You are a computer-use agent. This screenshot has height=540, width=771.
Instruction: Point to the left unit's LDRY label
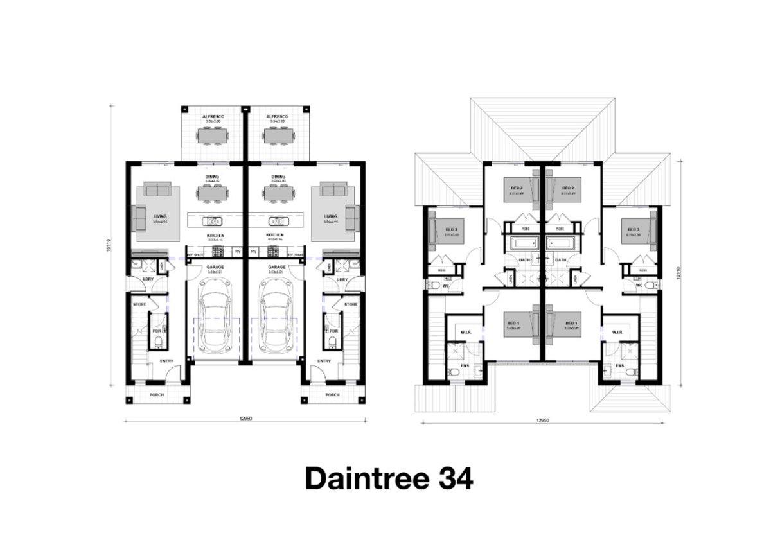pyautogui.click(x=148, y=279)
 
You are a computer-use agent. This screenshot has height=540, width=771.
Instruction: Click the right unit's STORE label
pyautogui.click(x=350, y=304)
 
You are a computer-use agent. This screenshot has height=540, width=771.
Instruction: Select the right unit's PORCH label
pyautogui.click(x=332, y=395)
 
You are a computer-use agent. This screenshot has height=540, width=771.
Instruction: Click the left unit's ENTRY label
pyautogui.click(x=166, y=361)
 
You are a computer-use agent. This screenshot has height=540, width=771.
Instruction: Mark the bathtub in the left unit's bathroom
pyautogui.click(x=520, y=244)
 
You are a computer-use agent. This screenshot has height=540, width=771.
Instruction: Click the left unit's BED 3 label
pyautogui.click(x=450, y=229)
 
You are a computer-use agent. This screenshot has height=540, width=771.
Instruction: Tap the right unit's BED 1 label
pyautogui.click(x=568, y=323)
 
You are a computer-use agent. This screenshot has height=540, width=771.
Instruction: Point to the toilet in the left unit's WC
pyautogui.click(x=434, y=285)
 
